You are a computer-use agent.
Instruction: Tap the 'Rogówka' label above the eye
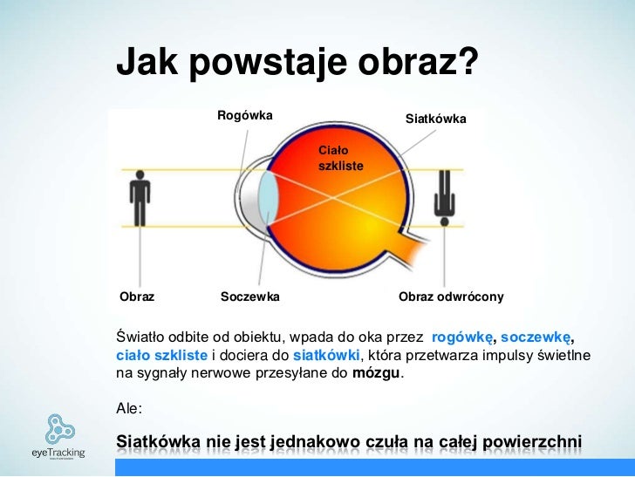pos(245,115)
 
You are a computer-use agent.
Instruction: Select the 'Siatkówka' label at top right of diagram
pos(436,118)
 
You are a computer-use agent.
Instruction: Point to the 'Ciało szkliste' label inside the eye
pos(340,158)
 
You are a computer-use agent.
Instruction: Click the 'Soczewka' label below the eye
pos(250,297)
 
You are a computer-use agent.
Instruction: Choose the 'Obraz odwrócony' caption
pos(451,297)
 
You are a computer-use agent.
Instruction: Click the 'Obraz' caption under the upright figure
pos(137,297)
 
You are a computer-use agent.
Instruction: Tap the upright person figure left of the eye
pos(140,196)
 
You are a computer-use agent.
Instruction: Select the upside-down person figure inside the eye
pos(445,193)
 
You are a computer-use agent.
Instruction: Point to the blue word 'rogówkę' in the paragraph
pos(462,337)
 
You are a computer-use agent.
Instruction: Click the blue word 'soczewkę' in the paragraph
pos(536,337)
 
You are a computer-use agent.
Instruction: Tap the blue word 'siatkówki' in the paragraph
pos(325,356)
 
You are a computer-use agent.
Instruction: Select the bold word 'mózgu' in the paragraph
pos(375,374)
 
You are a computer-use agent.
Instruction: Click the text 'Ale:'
pos(128,407)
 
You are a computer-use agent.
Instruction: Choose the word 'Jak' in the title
pos(145,62)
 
